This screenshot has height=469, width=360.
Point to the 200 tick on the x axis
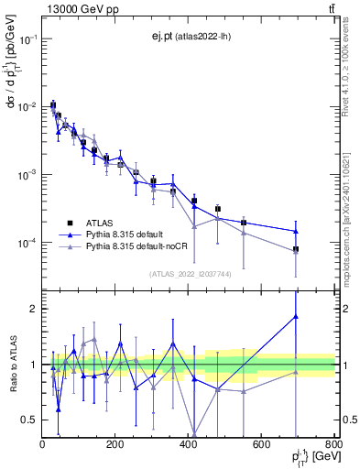click(115, 444)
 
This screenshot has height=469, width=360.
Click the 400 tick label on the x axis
click(189, 444)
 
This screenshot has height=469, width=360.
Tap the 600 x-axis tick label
click(262, 444)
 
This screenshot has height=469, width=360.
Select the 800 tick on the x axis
click(334, 444)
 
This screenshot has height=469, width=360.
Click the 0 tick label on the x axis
click(42, 444)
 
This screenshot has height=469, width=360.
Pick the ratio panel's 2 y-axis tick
click(33, 309)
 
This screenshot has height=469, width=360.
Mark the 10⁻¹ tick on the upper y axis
click(27, 39)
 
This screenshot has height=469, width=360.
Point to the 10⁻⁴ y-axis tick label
click(27, 243)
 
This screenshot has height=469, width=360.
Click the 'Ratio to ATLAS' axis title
click(12, 364)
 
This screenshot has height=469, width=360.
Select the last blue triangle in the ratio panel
click(296, 316)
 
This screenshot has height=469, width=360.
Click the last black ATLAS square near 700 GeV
click(296, 249)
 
